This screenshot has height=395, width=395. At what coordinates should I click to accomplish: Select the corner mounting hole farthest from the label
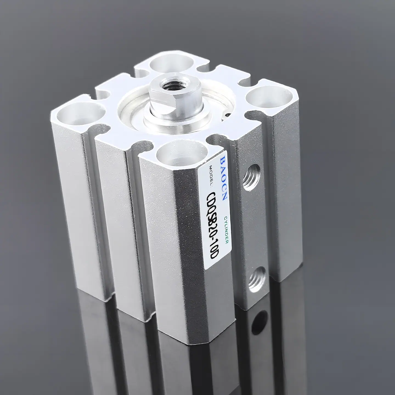click(x=171, y=65)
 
